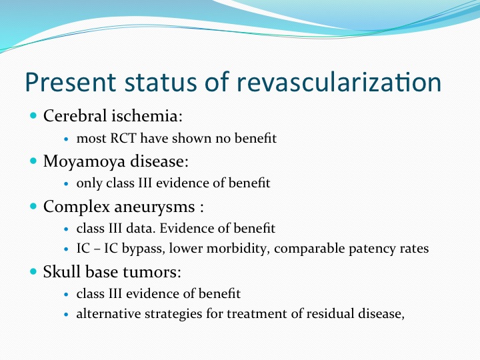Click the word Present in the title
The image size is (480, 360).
tap(71, 83)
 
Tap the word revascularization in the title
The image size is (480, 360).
tap(339, 83)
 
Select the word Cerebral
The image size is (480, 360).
tap(75, 116)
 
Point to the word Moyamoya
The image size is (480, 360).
tap(85, 162)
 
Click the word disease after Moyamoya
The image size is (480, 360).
tap(159, 161)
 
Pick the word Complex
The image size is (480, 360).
tap(77, 207)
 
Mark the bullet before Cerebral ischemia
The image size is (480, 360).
tap(33, 116)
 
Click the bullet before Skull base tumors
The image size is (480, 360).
tap(33, 271)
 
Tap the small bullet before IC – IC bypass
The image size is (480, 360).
tap(67, 249)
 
